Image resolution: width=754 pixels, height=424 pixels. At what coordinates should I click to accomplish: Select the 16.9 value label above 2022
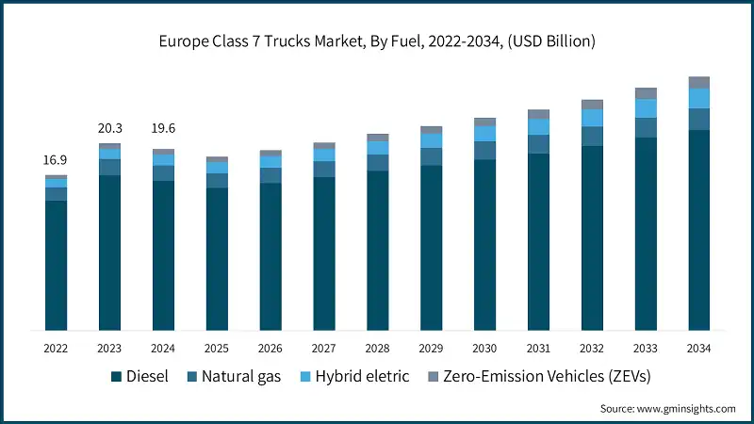point(56,161)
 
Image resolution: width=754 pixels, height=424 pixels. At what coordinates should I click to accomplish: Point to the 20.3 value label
point(109,129)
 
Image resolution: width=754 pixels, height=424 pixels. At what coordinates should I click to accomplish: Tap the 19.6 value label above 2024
point(163,129)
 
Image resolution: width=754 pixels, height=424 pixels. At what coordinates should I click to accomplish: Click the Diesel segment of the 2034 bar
point(698,230)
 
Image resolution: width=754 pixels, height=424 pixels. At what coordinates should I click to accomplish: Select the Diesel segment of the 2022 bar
point(56,265)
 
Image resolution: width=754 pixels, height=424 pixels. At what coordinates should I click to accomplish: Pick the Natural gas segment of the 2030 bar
point(484,151)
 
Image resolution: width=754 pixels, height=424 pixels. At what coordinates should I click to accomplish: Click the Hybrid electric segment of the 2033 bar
point(645,108)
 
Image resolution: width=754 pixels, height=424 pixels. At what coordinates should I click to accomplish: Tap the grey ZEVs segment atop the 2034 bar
point(698,82)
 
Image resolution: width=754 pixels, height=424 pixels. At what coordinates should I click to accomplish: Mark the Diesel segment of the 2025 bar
point(217,259)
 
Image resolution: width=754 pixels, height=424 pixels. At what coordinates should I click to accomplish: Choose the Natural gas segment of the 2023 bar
point(109,167)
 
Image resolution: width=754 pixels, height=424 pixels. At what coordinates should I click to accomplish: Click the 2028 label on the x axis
point(377,349)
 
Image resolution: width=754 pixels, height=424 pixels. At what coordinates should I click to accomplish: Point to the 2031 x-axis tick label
point(538,349)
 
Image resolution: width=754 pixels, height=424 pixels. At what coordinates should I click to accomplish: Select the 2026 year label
point(270,349)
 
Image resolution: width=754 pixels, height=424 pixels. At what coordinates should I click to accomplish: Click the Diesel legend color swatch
point(116,377)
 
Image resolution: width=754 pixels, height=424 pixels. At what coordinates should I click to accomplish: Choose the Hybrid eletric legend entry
point(363,377)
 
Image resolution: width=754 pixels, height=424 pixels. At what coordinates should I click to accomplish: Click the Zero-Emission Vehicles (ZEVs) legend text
point(549,377)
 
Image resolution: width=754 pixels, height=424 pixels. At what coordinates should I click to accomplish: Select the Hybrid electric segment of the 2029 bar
point(431,140)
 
